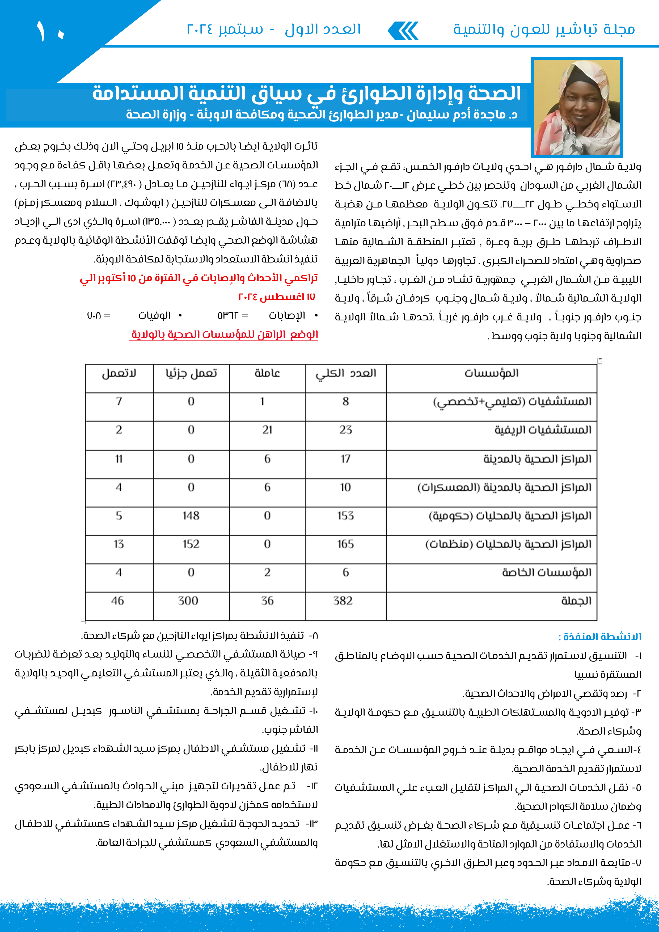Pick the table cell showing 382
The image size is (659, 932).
click(343, 601)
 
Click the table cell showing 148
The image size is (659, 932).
click(191, 515)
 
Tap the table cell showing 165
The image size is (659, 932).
click(345, 544)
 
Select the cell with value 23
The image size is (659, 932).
click(345, 430)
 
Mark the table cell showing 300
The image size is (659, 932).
click(188, 601)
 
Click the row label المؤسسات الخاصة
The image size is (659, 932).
click(547, 572)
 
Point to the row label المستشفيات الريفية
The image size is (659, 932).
click(543, 430)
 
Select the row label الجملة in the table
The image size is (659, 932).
click(576, 601)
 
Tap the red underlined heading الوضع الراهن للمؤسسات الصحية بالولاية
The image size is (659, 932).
click(224, 335)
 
